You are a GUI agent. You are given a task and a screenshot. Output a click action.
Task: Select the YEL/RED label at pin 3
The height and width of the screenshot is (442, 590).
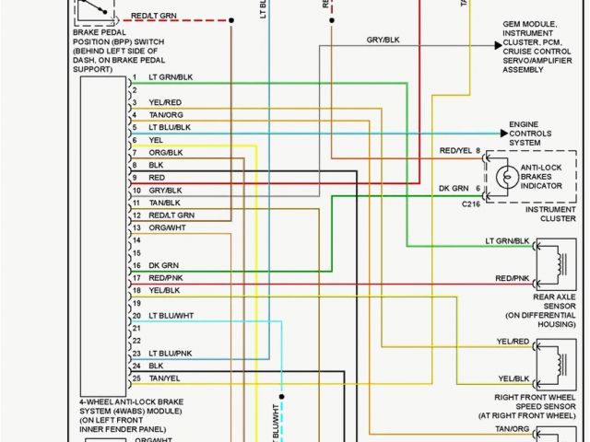coord(164,102)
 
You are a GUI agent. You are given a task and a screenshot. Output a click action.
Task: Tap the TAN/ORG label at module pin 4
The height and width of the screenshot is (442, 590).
coord(165,114)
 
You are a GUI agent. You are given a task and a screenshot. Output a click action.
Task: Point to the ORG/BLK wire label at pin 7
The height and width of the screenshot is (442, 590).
coord(165,152)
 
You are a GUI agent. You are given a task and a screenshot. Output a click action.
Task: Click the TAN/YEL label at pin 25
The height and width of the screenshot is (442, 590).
coord(165,378)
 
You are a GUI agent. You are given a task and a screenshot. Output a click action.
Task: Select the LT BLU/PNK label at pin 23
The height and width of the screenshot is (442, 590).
coord(170,354)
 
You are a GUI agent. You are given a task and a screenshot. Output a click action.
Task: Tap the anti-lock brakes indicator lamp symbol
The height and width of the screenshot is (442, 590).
coord(504,175)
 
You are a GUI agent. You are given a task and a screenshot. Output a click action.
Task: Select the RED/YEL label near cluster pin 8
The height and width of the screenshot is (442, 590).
coord(455,150)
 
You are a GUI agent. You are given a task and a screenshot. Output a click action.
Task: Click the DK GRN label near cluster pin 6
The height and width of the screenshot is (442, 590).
coord(454,187)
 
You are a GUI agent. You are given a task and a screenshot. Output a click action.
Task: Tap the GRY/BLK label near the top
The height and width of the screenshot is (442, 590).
coord(383,41)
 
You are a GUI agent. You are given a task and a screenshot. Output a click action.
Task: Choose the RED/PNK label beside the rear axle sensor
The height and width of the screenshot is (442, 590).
coord(513,278)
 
